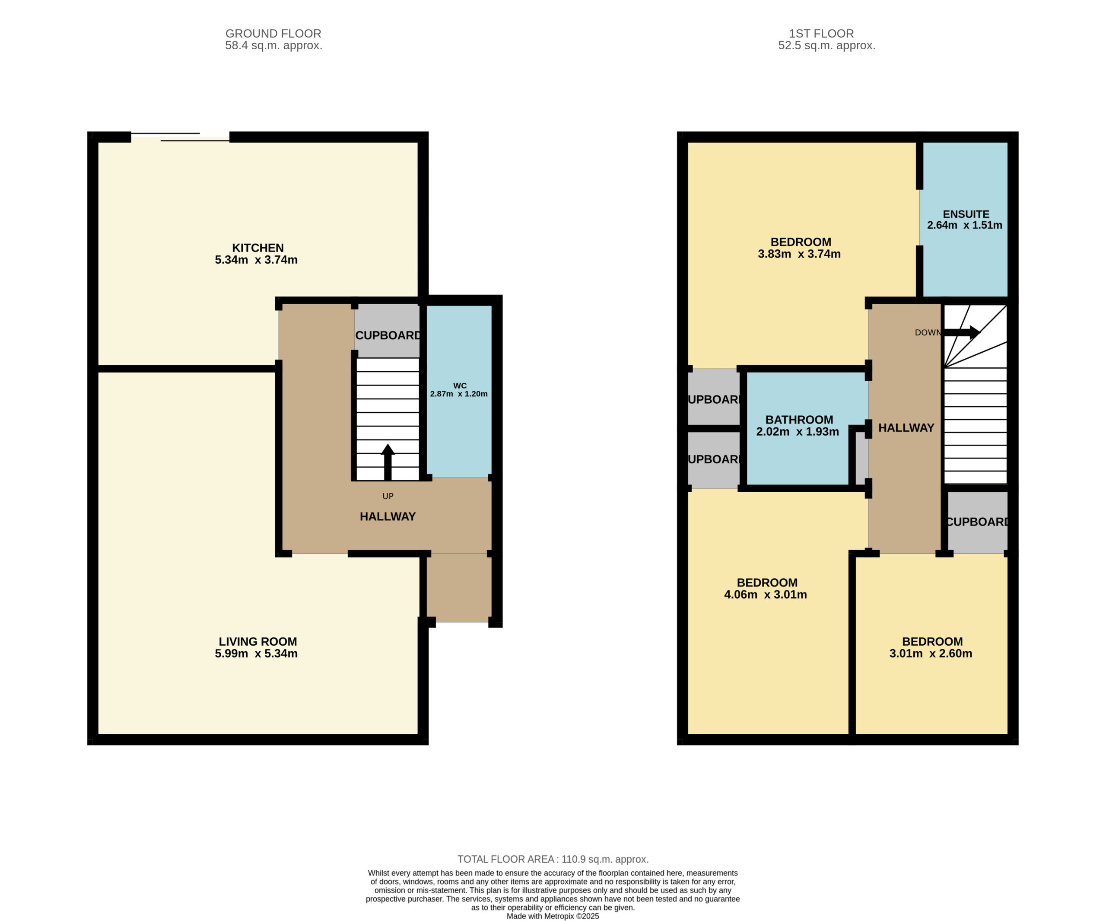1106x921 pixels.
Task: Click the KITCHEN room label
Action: pos(257,248)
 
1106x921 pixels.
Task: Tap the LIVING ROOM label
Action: pos(257,641)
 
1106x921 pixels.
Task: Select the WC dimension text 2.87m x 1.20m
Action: pos(459,394)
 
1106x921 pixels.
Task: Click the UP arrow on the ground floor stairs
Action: pos(388,462)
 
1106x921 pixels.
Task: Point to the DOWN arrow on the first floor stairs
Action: pos(961,332)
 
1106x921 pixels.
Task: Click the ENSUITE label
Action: pos(966,214)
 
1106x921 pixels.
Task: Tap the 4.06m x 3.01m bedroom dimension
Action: pos(765,594)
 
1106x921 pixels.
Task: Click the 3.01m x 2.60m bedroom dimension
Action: pos(931,653)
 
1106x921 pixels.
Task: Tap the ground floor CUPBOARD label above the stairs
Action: pos(388,335)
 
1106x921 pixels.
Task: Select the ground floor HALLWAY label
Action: pos(388,516)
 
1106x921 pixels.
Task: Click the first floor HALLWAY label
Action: pos(906,428)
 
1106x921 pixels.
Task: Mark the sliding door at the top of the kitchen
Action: pos(180,137)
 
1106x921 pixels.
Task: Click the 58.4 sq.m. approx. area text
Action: pos(273,45)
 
